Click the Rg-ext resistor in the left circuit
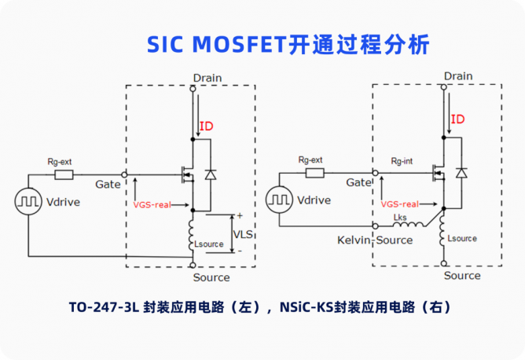tap(64, 174)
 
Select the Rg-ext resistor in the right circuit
tap(314, 173)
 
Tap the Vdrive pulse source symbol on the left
tap(28, 201)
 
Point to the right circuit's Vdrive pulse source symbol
tap(280, 200)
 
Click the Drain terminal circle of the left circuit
tap(193, 89)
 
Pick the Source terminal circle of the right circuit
tap(444, 263)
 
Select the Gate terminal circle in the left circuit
tap(124, 174)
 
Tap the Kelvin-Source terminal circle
tap(376, 226)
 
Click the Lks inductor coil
tap(408, 224)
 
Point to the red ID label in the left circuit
tap(206, 127)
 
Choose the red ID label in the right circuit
tap(457, 119)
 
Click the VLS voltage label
tap(243, 234)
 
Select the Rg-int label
tap(402, 161)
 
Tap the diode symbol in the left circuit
tap(211, 174)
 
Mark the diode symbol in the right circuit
tap(461, 173)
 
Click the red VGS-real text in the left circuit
tap(152, 205)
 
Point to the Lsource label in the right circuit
tap(462, 238)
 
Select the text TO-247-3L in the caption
tap(104, 307)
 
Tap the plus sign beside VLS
tap(240, 216)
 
